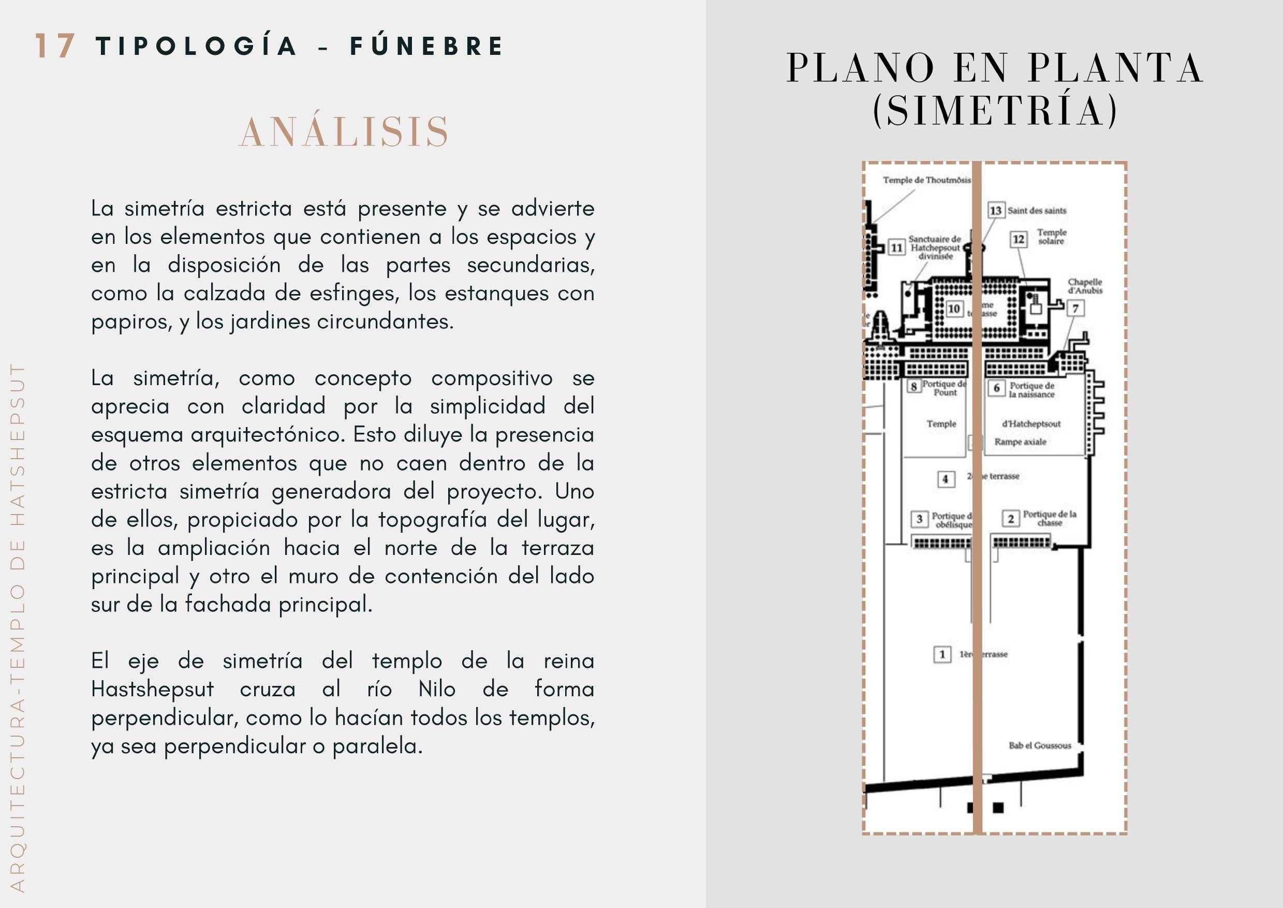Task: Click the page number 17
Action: [55, 46]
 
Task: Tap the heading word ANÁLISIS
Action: [344, 133]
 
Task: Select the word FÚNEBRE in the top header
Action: [427, 46]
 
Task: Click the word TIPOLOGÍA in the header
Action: [196, 46]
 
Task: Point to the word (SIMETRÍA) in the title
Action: [995, 110]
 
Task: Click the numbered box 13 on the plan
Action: [996, 210]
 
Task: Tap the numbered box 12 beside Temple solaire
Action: [1019, 239]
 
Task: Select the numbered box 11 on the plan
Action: [897, 247]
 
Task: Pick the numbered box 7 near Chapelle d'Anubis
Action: [1075, 308]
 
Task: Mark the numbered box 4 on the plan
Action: [946, 479]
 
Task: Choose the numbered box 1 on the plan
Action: [942, 654]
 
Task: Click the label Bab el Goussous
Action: [1040, 745]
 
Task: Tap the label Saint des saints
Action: [1037, 211]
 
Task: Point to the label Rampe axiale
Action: [1020, 442]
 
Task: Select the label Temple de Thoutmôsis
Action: [926, 180]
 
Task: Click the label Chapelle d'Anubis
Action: [1085, 286]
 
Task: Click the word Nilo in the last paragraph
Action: [437, 689]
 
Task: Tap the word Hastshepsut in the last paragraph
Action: [152, 689]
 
